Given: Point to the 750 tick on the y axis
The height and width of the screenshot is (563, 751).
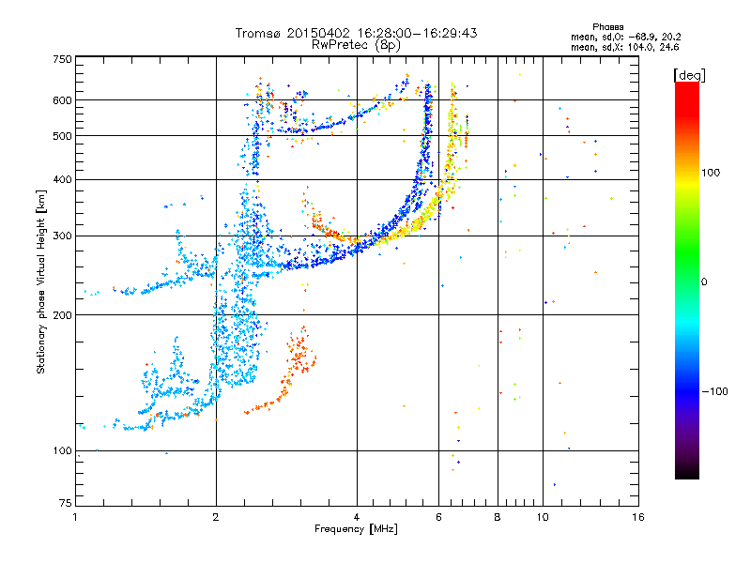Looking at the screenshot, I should coord(63,59).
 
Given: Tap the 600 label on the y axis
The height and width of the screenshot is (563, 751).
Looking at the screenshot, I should coord(63,100).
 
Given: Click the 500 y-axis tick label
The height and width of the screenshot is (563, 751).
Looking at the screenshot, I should coord(63,136).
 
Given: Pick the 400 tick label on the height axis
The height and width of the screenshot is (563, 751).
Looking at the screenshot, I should coord(63,180).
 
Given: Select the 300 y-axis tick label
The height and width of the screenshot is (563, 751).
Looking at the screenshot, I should coord(63,236).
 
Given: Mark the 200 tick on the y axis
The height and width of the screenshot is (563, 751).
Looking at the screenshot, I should coord(63,315).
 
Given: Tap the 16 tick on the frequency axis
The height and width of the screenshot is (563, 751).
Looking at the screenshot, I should coord(638,518).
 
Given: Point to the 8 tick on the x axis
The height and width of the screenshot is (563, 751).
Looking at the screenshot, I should coord(498,518).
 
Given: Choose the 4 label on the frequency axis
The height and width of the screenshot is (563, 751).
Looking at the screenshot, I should coord(357,518).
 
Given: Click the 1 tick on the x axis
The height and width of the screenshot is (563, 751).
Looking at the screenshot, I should coord(75,518).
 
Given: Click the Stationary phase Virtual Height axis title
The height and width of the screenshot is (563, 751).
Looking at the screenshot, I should coord(41,281).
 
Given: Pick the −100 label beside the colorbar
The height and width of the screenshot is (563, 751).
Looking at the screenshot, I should coord(717,391).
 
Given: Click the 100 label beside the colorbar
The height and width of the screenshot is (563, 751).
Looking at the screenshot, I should coord(715,173).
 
